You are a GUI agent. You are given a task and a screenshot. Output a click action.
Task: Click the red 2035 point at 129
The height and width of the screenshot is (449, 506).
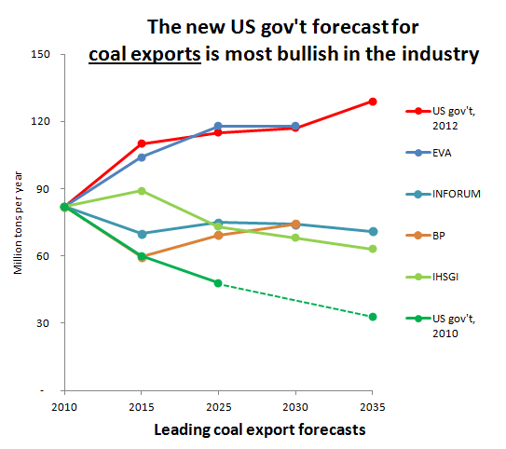[373, 101]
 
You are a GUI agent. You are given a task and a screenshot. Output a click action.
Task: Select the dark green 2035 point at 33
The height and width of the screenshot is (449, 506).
[373, 317]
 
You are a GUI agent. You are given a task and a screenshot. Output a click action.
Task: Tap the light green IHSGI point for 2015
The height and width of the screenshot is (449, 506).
[141, 191]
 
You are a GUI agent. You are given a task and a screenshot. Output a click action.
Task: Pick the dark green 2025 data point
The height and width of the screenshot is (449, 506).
[218, 282]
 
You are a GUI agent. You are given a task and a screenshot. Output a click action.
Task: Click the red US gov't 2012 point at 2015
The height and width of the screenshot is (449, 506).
[141, 143]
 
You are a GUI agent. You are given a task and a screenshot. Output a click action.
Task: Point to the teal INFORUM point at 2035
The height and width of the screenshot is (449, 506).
[373, 231]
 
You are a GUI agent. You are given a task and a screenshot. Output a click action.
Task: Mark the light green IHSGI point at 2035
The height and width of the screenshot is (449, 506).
[373, 249]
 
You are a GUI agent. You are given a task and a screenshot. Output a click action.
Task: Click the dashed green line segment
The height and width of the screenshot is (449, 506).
[295, 300]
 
